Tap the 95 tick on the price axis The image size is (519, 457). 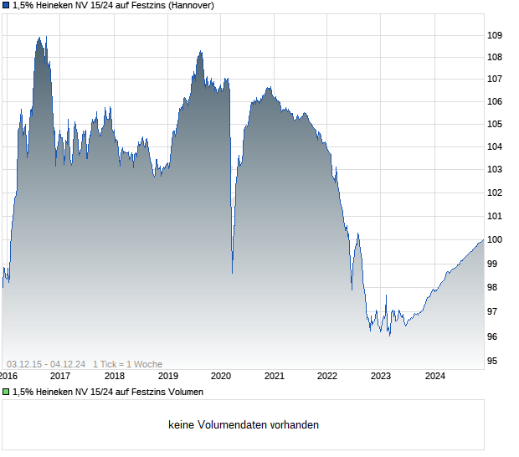click(494, 362)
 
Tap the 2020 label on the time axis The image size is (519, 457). click(220, 376)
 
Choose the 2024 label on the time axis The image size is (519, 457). click(434, 376)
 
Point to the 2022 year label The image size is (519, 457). click(327, 376)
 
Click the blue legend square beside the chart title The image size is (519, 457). click(6, 6)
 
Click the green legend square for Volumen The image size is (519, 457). click(6, 392)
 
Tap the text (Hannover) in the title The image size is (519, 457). click(192, 6)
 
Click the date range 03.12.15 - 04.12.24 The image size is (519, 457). click(47, 364)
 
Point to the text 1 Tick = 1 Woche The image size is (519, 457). click(127, 364)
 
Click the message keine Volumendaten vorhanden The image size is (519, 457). click(244, 425)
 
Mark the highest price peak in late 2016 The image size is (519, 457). click(39, 38)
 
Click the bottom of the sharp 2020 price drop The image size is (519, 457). click(232, 272)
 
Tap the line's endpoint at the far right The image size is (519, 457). click(483, 240)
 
